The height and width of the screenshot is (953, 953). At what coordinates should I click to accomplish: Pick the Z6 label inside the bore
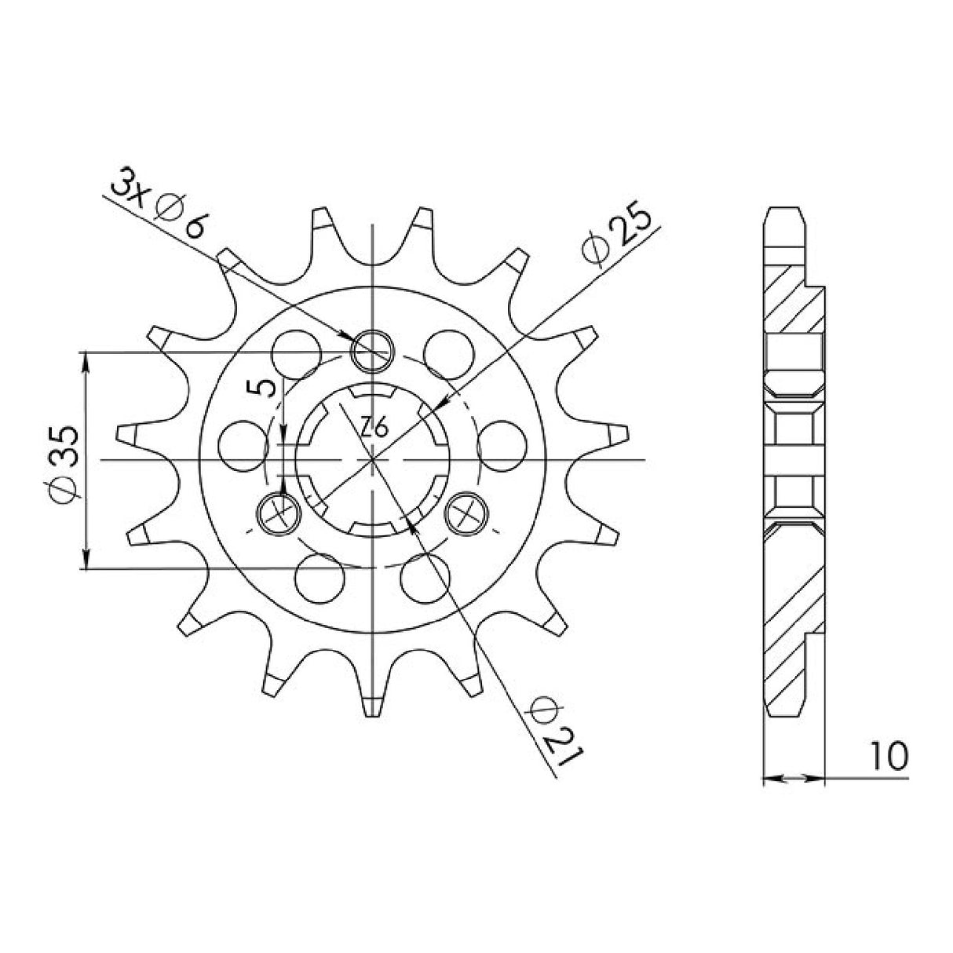374,428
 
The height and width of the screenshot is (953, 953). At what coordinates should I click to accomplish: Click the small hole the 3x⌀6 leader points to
372,350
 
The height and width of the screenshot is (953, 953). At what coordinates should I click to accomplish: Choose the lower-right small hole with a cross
467,514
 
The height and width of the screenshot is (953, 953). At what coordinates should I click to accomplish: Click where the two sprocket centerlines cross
372,460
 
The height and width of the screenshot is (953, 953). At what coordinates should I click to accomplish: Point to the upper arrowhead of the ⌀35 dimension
85,360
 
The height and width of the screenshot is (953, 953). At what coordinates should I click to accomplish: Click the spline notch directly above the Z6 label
373,393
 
